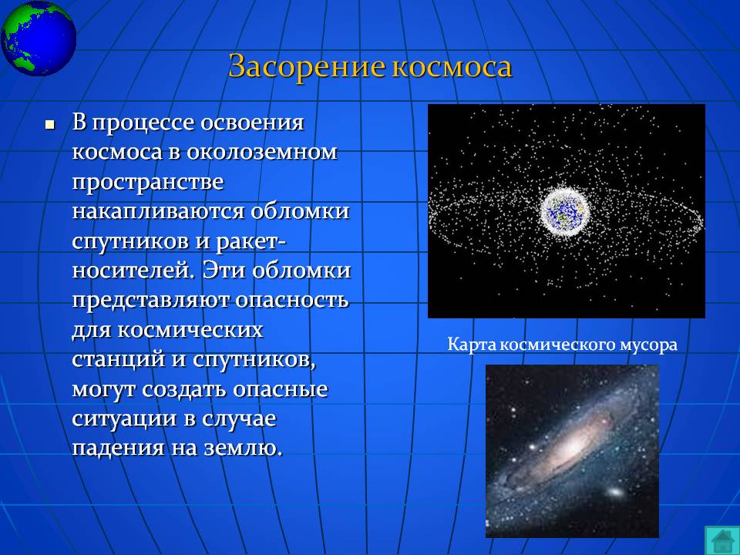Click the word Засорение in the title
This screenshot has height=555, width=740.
[308, 67]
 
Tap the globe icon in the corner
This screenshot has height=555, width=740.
[39, 38]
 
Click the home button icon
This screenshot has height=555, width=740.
[721, 540]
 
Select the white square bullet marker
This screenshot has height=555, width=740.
[49, 125]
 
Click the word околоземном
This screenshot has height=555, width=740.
[262, 152]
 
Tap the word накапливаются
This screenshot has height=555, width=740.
[159, 212]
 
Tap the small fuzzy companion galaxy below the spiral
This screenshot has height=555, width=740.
[615, 493]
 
